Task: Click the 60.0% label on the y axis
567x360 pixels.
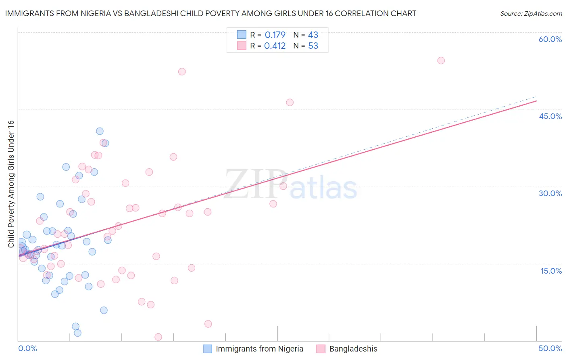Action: click(550, 39)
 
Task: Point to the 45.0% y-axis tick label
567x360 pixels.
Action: click(550, 116)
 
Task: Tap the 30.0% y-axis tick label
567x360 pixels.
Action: click(550, 193)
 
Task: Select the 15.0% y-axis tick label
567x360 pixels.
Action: click(551, 271)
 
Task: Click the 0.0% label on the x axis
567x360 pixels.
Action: click(27, 348)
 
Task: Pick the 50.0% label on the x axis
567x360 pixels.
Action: click(550, 348)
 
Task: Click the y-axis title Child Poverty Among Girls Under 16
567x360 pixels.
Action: click(11, 184)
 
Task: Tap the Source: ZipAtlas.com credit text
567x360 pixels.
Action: click(531, 14)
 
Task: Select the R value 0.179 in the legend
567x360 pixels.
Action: click(275, 35)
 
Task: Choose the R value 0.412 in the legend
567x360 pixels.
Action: click(275, 46)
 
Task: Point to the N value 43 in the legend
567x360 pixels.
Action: click(313, 35)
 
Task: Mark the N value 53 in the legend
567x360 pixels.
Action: click(313, 46)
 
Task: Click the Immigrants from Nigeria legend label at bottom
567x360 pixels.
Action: click(259, 349)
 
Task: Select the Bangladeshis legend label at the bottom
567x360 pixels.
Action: click(353, 349)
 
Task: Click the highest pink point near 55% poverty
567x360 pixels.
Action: click(441, 61)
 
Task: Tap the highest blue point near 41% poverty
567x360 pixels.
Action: click(100, 131)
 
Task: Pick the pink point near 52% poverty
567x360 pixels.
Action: click(182, 71)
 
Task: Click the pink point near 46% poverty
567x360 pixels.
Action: click(290, 103)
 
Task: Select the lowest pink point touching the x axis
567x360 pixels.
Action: click(158, 337)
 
